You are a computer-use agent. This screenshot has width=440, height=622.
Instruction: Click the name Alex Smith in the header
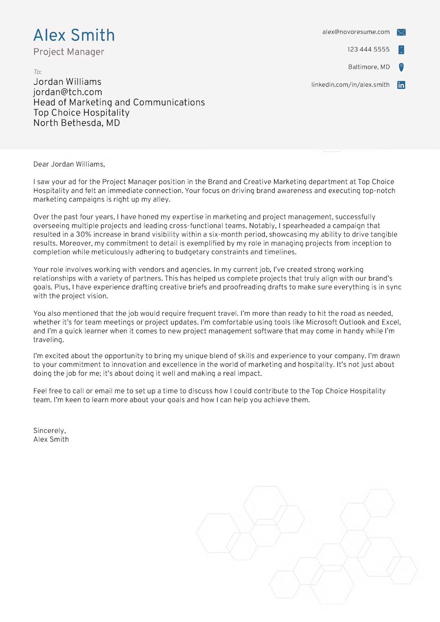[74, 35]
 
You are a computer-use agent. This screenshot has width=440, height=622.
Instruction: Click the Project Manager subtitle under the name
[68, 52]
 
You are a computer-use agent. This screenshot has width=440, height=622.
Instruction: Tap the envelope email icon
[401, 32]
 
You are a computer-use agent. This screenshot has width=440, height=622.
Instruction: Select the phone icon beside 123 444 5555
[401, 50]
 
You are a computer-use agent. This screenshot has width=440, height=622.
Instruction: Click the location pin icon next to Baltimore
[401, 67]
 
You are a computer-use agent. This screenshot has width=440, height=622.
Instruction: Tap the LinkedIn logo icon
[401, 85]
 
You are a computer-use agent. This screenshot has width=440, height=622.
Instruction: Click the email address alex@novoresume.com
[356, 32]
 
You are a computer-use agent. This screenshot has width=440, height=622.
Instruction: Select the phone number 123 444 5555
[368, 49]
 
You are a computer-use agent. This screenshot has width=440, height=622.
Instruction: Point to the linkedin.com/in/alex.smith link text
[350, 85]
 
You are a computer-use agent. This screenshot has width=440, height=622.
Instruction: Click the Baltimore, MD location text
[369, 67]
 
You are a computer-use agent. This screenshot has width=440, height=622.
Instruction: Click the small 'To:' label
[37, 72]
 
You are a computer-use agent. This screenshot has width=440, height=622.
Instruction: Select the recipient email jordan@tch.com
[68, 92]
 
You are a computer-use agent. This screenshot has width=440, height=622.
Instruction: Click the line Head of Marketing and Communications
[119, 102]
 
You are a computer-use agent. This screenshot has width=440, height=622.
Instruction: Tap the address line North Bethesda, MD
[77, 123]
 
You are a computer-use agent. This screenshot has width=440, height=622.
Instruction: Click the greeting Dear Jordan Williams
[69, 164]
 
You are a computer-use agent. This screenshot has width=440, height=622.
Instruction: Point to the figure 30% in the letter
[84, 234]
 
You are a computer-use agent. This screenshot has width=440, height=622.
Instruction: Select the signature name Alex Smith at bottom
[51, 439]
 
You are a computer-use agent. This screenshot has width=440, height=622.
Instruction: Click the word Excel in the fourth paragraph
[391, 322]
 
